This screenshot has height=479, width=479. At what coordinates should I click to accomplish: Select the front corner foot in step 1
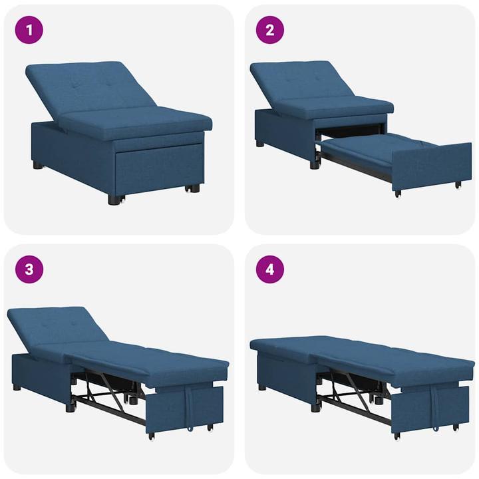coord(114,199)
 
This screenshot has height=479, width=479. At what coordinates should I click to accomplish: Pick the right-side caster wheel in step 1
coord(194,188)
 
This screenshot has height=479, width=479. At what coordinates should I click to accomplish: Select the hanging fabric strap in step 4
coord(436,406)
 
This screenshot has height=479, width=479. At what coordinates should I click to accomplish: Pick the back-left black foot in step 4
coord(261,387)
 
